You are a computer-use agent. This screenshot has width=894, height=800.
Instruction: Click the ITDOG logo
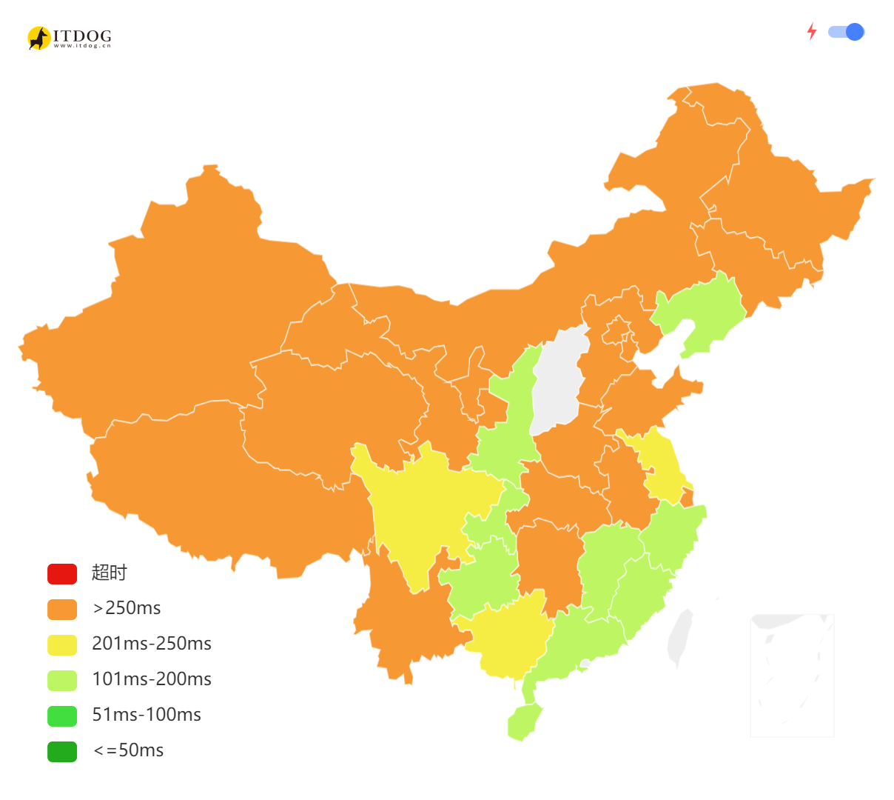(70, 38)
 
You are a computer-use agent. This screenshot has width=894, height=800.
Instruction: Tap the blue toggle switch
(846, 32)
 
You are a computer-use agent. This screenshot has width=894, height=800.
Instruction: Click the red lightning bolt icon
(812, 31)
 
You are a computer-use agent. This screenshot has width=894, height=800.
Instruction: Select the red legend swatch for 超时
(62, 573)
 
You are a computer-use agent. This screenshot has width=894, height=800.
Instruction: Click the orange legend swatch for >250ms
(62, 609)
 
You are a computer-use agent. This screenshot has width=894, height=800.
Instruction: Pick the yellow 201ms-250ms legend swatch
(62, 644)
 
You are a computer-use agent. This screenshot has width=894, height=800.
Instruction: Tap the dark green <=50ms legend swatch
(62, 751)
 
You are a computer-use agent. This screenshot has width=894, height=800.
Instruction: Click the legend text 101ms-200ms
(152, 679)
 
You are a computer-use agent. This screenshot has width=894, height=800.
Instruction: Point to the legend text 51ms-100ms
(147, 715)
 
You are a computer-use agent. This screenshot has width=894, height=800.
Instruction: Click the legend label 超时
(110, 573)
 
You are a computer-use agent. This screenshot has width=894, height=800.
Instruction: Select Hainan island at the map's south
(524, 721)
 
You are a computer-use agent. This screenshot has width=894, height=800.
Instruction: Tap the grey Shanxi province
(559, 381)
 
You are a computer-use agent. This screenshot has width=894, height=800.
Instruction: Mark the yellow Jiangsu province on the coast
(662, 467)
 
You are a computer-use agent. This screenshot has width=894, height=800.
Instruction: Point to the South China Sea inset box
(792, 675)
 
